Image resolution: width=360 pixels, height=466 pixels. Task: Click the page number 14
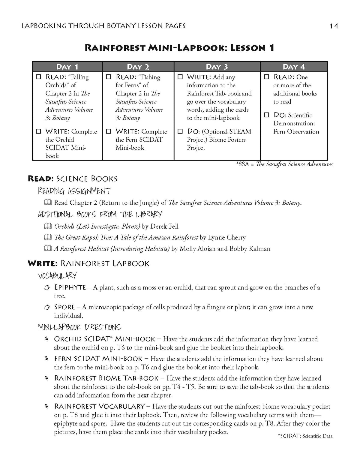(x=334, y=26)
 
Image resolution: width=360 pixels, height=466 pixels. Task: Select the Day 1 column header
(x=67, y=67)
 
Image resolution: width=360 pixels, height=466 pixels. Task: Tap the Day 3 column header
(x=217, y=67)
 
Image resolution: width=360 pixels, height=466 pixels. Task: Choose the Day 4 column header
(x=294, y=67)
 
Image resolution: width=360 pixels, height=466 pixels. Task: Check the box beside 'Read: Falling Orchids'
(x=38, y=77)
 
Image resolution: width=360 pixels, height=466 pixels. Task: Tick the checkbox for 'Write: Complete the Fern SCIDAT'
(x=109, y=131)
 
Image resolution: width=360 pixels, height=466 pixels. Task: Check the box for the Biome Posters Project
(x=180, y=131)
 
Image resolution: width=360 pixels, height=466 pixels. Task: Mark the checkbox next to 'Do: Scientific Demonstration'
(x=266, y=115)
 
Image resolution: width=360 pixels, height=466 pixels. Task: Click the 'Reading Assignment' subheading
(x=74, y=191)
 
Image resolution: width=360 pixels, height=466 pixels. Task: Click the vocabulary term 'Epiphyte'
(x=70, y=287)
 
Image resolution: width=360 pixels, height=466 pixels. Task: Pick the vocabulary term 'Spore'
(x=64, y=307)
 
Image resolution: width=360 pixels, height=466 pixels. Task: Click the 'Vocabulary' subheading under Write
(x=57, y=275)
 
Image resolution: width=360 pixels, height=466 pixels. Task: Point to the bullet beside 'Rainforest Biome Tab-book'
(x=46, y=378)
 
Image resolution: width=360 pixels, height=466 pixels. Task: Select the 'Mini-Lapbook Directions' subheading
(x=79, y=327)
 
